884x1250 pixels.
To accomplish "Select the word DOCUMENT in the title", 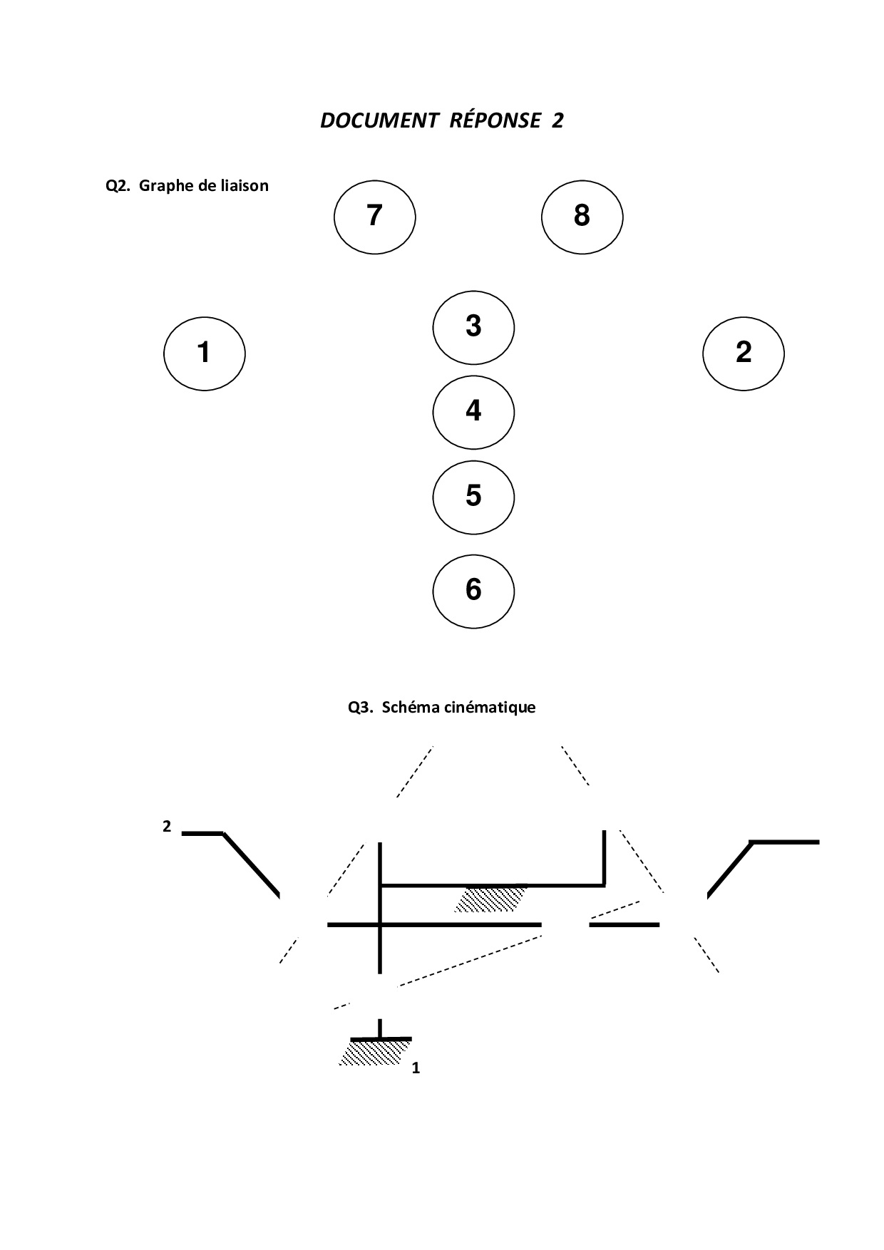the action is click(379, 120).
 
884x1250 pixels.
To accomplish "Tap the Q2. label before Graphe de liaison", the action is click(118, 186).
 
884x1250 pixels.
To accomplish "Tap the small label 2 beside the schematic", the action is click(167, 827).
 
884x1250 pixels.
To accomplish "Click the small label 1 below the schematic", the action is click(416, 1068).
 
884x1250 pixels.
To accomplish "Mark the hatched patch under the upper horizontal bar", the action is click(490, 899).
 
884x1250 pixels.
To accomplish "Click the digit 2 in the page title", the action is click(557, 120).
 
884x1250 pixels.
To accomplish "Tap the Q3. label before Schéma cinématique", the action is click(361, 708).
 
